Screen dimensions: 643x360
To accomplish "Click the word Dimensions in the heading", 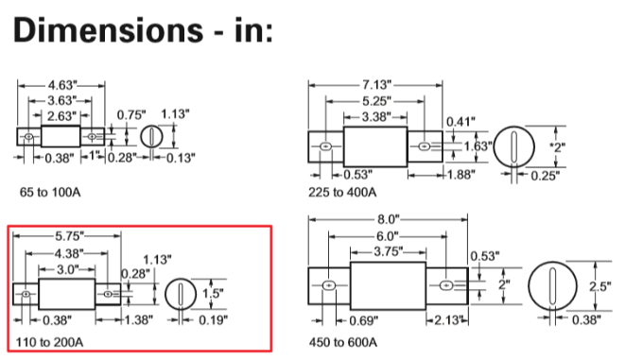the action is pyautogui.click(x=108, y=30).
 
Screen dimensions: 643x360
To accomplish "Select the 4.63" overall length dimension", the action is pyautogui.click(x=62, y=85).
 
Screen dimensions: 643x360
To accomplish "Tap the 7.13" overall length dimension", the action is pyautogui.click(x=376, y=85).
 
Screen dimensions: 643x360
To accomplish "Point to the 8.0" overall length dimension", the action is pyautogui.click(x=388, y=219).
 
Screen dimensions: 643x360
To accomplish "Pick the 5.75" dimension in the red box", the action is pyautogui.click(x=69, y=236).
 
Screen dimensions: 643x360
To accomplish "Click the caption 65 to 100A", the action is pyautogui.click(x=50, y=192).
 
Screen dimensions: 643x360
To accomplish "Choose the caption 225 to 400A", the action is pyautogui.click(x=342, y=192).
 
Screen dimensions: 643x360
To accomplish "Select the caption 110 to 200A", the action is pyautogui.click(x=49, y=342).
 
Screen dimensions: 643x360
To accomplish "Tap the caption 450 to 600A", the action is pyautogui.click(x=343, y=342).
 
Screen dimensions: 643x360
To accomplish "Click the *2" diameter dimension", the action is pyautogui.click(x=557, y=147).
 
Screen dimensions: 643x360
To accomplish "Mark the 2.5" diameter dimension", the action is pyautogui.click(x=600, y=286).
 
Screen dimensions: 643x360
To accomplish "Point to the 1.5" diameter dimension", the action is pyautogui.click(x=213, y=293).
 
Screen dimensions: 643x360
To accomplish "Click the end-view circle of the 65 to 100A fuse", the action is pyautogui.click(x=141, y=136).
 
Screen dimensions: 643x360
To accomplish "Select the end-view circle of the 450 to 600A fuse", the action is pyautogui.click(x=529, y=286).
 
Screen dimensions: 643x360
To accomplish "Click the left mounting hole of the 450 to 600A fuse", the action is pyautogui.click(x=329, y=285).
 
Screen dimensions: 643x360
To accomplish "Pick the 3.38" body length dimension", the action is pyautogui.click(x=376, y=117).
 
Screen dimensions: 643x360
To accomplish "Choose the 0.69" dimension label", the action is pyautogui.click(x=363, y=320).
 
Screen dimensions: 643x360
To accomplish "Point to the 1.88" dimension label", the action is pyautogui.click(x=461, y=175).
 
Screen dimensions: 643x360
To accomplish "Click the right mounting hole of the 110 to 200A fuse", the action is pyautogui.click(x=108, y=294).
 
